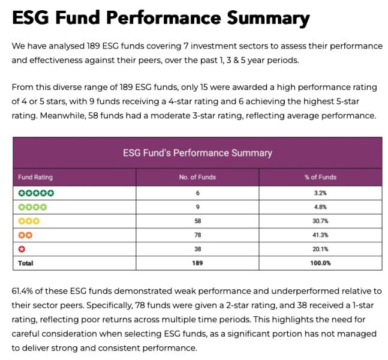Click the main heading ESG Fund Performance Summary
pyautogui.click(x=161, y=18)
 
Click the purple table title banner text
pyautogui.click(x=197, y=152)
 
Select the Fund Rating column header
pyautogui.click(x=35, y=177)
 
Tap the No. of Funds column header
pyautogui.click(x=197, y=177)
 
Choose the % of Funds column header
pyautogui.click(x=320, y=177)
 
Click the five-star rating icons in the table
pyautogui.click(x=36, y=193)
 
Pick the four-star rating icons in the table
pyautogui.click(x=32, y=207)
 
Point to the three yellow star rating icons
pyautogui.click(x=29, y=221)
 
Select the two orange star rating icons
pyautogui.click(x=25, y=235)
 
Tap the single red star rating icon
pyautogui.click(x=22, y=248)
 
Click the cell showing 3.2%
pyautogui.click(x=320, y=193)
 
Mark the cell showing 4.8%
pyautogui.click(x=320, y=207)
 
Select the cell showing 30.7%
pyautogui.click(x=320, y=221)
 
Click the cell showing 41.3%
pyautogui.click(x=320, y=235)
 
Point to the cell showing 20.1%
pyautogui.click(x=320, y=248)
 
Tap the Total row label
pyautogui.click(x=26, y=263)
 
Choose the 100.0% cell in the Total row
pyautogui.click(x=320, y=263)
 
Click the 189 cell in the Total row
pyautogui.click(x=197, y=263)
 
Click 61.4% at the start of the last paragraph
pyautogui.click(x=25, y=291)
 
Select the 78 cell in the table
pyautogui.click(x=197, y=235)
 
